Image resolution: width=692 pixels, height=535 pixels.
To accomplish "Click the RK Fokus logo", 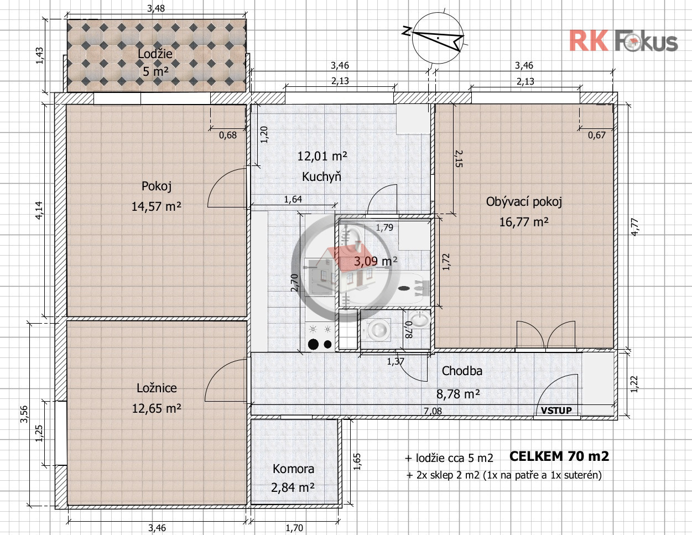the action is (x=623, y=40).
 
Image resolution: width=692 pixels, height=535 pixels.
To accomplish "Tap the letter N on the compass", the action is (x=406, y=30).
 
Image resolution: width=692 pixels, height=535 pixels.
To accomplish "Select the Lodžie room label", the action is (x=155, y=54).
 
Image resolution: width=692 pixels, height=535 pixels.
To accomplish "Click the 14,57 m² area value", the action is (x=157, y=206).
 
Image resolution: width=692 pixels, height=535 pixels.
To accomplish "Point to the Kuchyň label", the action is (x=321, y=176).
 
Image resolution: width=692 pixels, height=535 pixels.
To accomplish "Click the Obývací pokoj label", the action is (x=524, y=202).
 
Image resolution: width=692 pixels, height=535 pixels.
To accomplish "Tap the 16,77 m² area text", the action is (x=524, y=222).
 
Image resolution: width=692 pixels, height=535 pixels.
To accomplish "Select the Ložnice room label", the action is (x=157, y=388).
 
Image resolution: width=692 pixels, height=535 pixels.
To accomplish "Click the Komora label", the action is (x=293, y=469).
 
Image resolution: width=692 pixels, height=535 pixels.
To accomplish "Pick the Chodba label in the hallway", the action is (x=462, y=371).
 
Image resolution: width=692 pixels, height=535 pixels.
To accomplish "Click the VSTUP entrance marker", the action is (x=556, y=411).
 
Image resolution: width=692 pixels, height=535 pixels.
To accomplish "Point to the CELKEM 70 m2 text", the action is (x=559, y=456).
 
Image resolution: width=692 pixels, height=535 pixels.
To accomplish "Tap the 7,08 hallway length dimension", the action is (x=433, y=411).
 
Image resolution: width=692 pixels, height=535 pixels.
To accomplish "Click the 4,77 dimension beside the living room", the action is (x=634, y=227).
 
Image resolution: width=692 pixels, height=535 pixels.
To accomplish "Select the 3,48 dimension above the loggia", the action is (x=156, y=8).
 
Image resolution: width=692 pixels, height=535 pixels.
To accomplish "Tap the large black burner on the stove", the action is (x=314, y=344).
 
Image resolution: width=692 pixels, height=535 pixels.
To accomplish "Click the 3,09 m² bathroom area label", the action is (x=376, y=262).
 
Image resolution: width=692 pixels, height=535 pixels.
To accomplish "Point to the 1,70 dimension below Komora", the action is (x=294, y=528).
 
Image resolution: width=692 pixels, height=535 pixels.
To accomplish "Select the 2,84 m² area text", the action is (x=293, y=487).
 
